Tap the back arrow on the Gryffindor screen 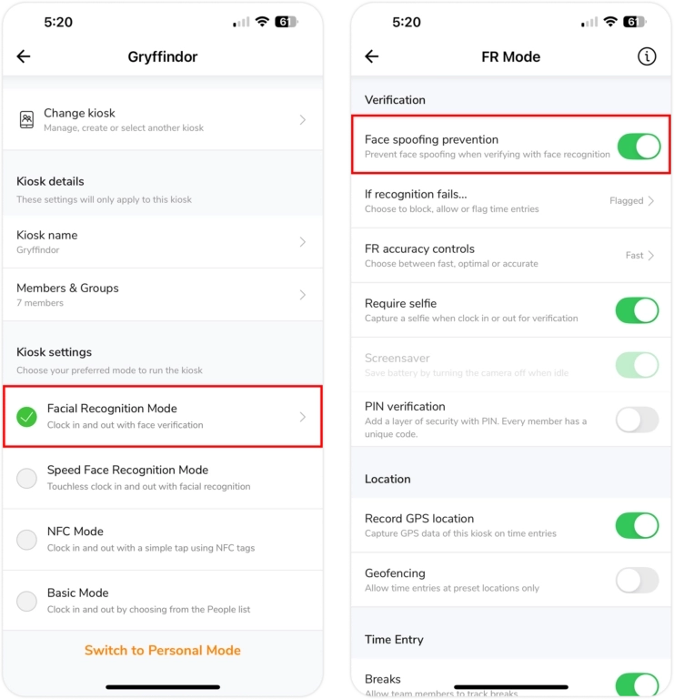click(x=24, y=56)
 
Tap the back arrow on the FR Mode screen click(x=371, y=56)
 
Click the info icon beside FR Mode click(x=647, y=56)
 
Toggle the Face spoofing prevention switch click(x=639, y=147)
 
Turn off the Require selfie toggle click(x=637, y=310)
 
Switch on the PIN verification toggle click(x=637, y=420)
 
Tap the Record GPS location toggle click(x=637, y=525)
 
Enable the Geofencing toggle click(x=637, y=580)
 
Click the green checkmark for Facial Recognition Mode click(x=26, y=417)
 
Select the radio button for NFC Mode click(x=26, y=540)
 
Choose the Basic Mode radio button click(x=26, y=601)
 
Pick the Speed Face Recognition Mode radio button click(x=26, y=479)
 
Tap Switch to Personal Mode click(x=163, y=651)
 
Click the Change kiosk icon click(x=26, y=119)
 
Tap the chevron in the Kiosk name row click(x=303, y=241)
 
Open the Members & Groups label click(x=67, y=288)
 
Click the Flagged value click(x=627, y=200)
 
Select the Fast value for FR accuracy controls click(x=634, y=256)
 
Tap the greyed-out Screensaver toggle click(x=637, y=365)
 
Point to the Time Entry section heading click(x=394, y=640)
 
